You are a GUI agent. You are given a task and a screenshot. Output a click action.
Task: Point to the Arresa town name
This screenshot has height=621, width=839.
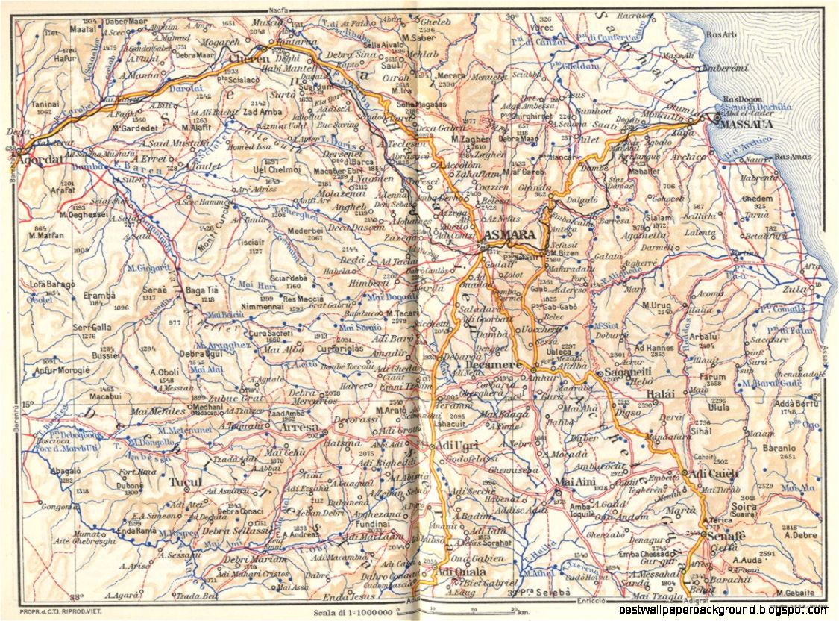(x=299, y=428)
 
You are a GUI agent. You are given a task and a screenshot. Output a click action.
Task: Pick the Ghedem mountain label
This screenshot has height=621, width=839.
(x=757, y=198)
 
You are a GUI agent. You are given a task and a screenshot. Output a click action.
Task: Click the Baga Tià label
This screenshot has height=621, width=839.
(x=201, y=290)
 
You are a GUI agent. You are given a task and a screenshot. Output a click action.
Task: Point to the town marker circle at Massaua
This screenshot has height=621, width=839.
(x=716, y=118)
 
